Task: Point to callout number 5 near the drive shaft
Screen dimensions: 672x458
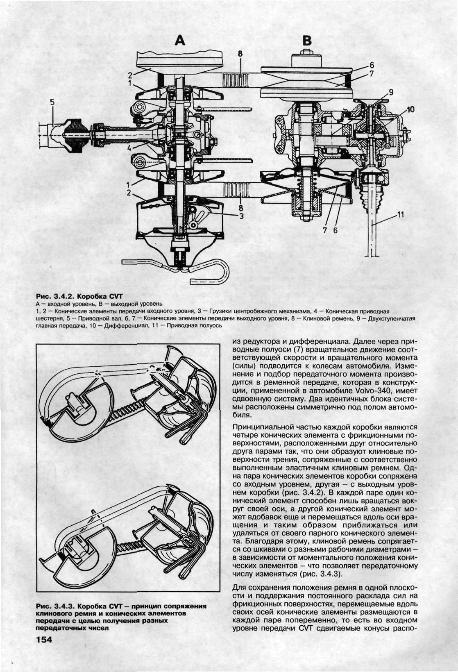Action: pyautogui.click(x=52, y=103)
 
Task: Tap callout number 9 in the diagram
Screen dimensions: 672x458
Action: pyautogui.click(x=391, y=93)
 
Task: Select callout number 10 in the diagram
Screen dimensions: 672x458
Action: pyautogui.click(x=410, y=109)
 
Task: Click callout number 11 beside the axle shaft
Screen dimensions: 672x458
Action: pyautogui.click(x=400, y=213)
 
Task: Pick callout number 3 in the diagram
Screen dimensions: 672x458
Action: pyautogui.click(x=242, y=217)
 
